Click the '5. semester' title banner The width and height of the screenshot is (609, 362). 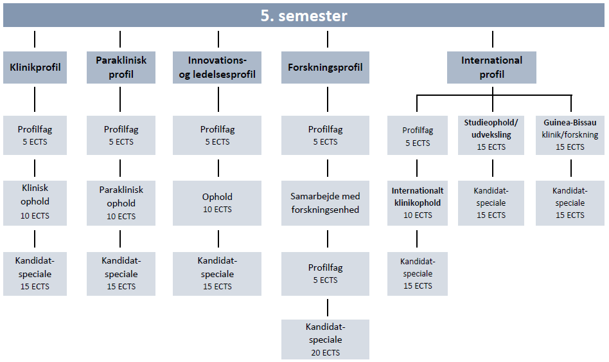[304, 15]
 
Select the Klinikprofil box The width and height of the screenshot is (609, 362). [35, 68]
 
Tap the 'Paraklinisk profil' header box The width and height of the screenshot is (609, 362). [121, 68]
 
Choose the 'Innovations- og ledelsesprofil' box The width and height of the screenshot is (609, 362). [217, 68]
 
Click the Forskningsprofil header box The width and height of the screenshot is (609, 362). [325, 68]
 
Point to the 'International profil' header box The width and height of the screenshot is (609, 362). [491, 68]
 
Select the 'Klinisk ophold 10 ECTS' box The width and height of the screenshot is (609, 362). [35, 203]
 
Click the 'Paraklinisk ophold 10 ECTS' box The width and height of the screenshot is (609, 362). [121, 203]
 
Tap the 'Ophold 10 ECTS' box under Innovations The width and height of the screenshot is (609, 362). [217, 203]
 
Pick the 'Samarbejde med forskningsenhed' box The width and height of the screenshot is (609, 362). [325, 203]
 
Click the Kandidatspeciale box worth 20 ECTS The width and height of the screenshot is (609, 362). [325, 339]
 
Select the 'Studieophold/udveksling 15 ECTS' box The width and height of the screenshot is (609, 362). [491, 135]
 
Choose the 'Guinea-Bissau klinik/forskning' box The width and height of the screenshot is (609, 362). [570, 135]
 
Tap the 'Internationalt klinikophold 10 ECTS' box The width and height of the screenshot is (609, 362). [418, 203]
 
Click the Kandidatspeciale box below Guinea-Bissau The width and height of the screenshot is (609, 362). [570, 203]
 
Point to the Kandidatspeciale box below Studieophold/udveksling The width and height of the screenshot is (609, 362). [491, 203]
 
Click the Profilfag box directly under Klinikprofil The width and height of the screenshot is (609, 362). [35, 135]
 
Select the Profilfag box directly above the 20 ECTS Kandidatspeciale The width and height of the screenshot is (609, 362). [325, 274]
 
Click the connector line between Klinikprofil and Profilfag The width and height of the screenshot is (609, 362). [35, 99]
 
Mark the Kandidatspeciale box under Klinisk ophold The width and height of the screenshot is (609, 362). [35, 274]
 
